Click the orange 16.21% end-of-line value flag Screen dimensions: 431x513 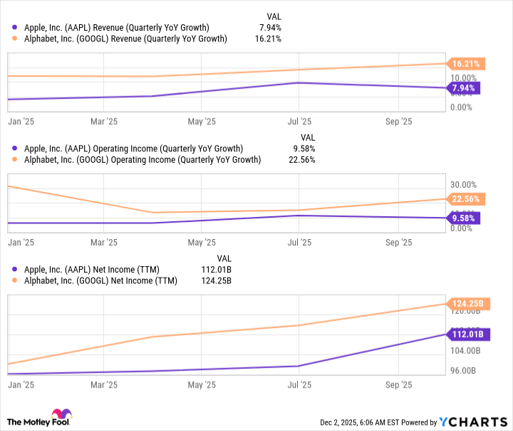[x=466, y=64]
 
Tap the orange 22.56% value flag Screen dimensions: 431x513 [x=466, y=199]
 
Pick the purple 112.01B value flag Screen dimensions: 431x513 [x=466, y=333]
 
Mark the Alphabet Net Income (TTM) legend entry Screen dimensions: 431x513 [x=98, y=280]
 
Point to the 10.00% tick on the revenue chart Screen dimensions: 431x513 [x=464, y=78]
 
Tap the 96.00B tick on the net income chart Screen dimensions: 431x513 [x=464, y=370]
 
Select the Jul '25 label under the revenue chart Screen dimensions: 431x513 [x=299, y=121]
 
